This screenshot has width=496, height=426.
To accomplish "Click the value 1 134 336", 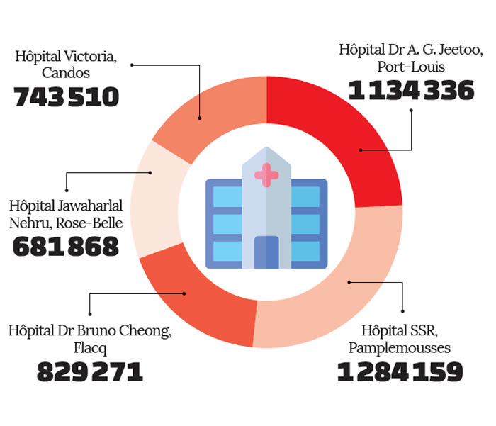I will click(x=411, y=91).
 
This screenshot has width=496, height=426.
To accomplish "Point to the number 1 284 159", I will click(x=400, y=372).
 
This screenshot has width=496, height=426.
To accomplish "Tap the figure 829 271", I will click(x=90, y=371).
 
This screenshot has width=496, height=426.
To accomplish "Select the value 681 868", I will click(x=66, y=246).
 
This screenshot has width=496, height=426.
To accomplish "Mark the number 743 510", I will click(x=67, y=98).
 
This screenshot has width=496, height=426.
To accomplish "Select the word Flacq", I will click(x=89, y=348).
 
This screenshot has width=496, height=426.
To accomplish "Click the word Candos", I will click(x=66, y=73).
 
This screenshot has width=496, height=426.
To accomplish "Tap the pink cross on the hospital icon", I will click(x=266, y=174).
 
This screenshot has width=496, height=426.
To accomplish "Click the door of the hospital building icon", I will click(x=266, y=252).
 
